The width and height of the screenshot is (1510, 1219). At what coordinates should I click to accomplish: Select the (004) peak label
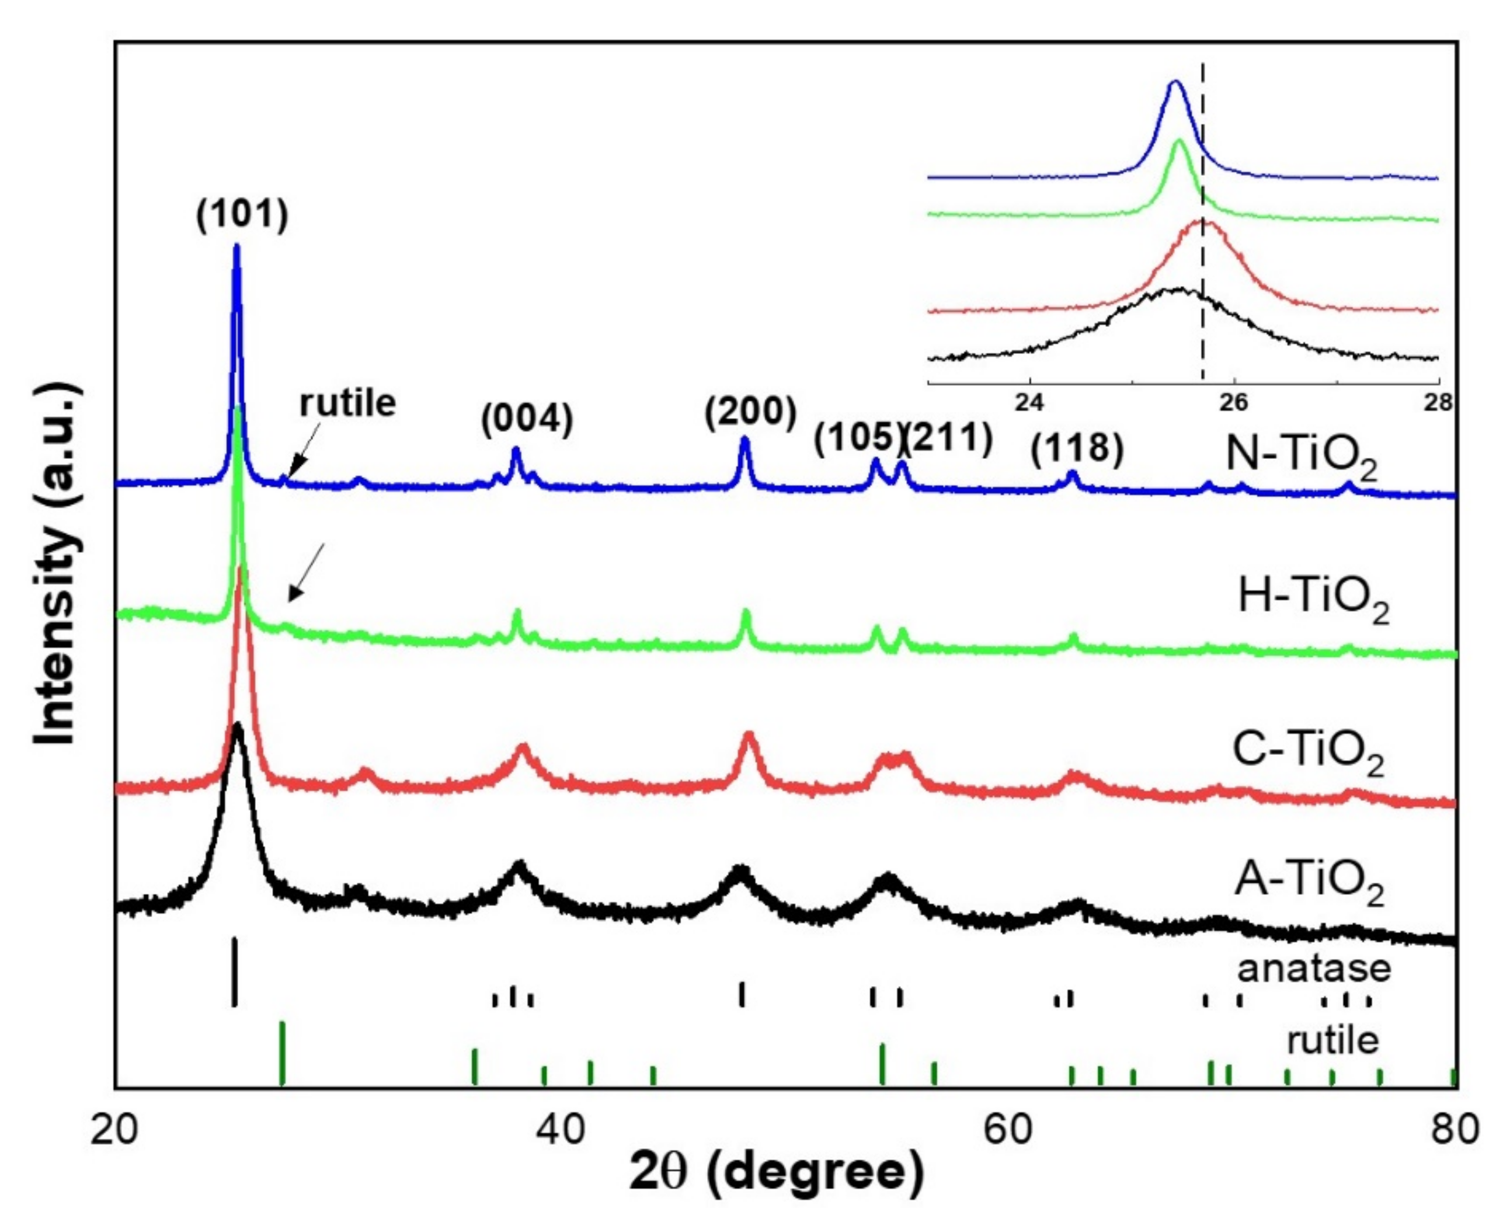(x=527, y=419)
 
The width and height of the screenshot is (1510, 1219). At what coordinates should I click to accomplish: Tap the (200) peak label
(x=750, y=412)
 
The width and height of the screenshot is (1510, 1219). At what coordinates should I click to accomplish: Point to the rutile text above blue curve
(x=347, y=403)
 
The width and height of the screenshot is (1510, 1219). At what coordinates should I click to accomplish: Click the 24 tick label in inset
(x=1029, y=403)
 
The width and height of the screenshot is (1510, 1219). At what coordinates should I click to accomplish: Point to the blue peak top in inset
(x=1174, y=82)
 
